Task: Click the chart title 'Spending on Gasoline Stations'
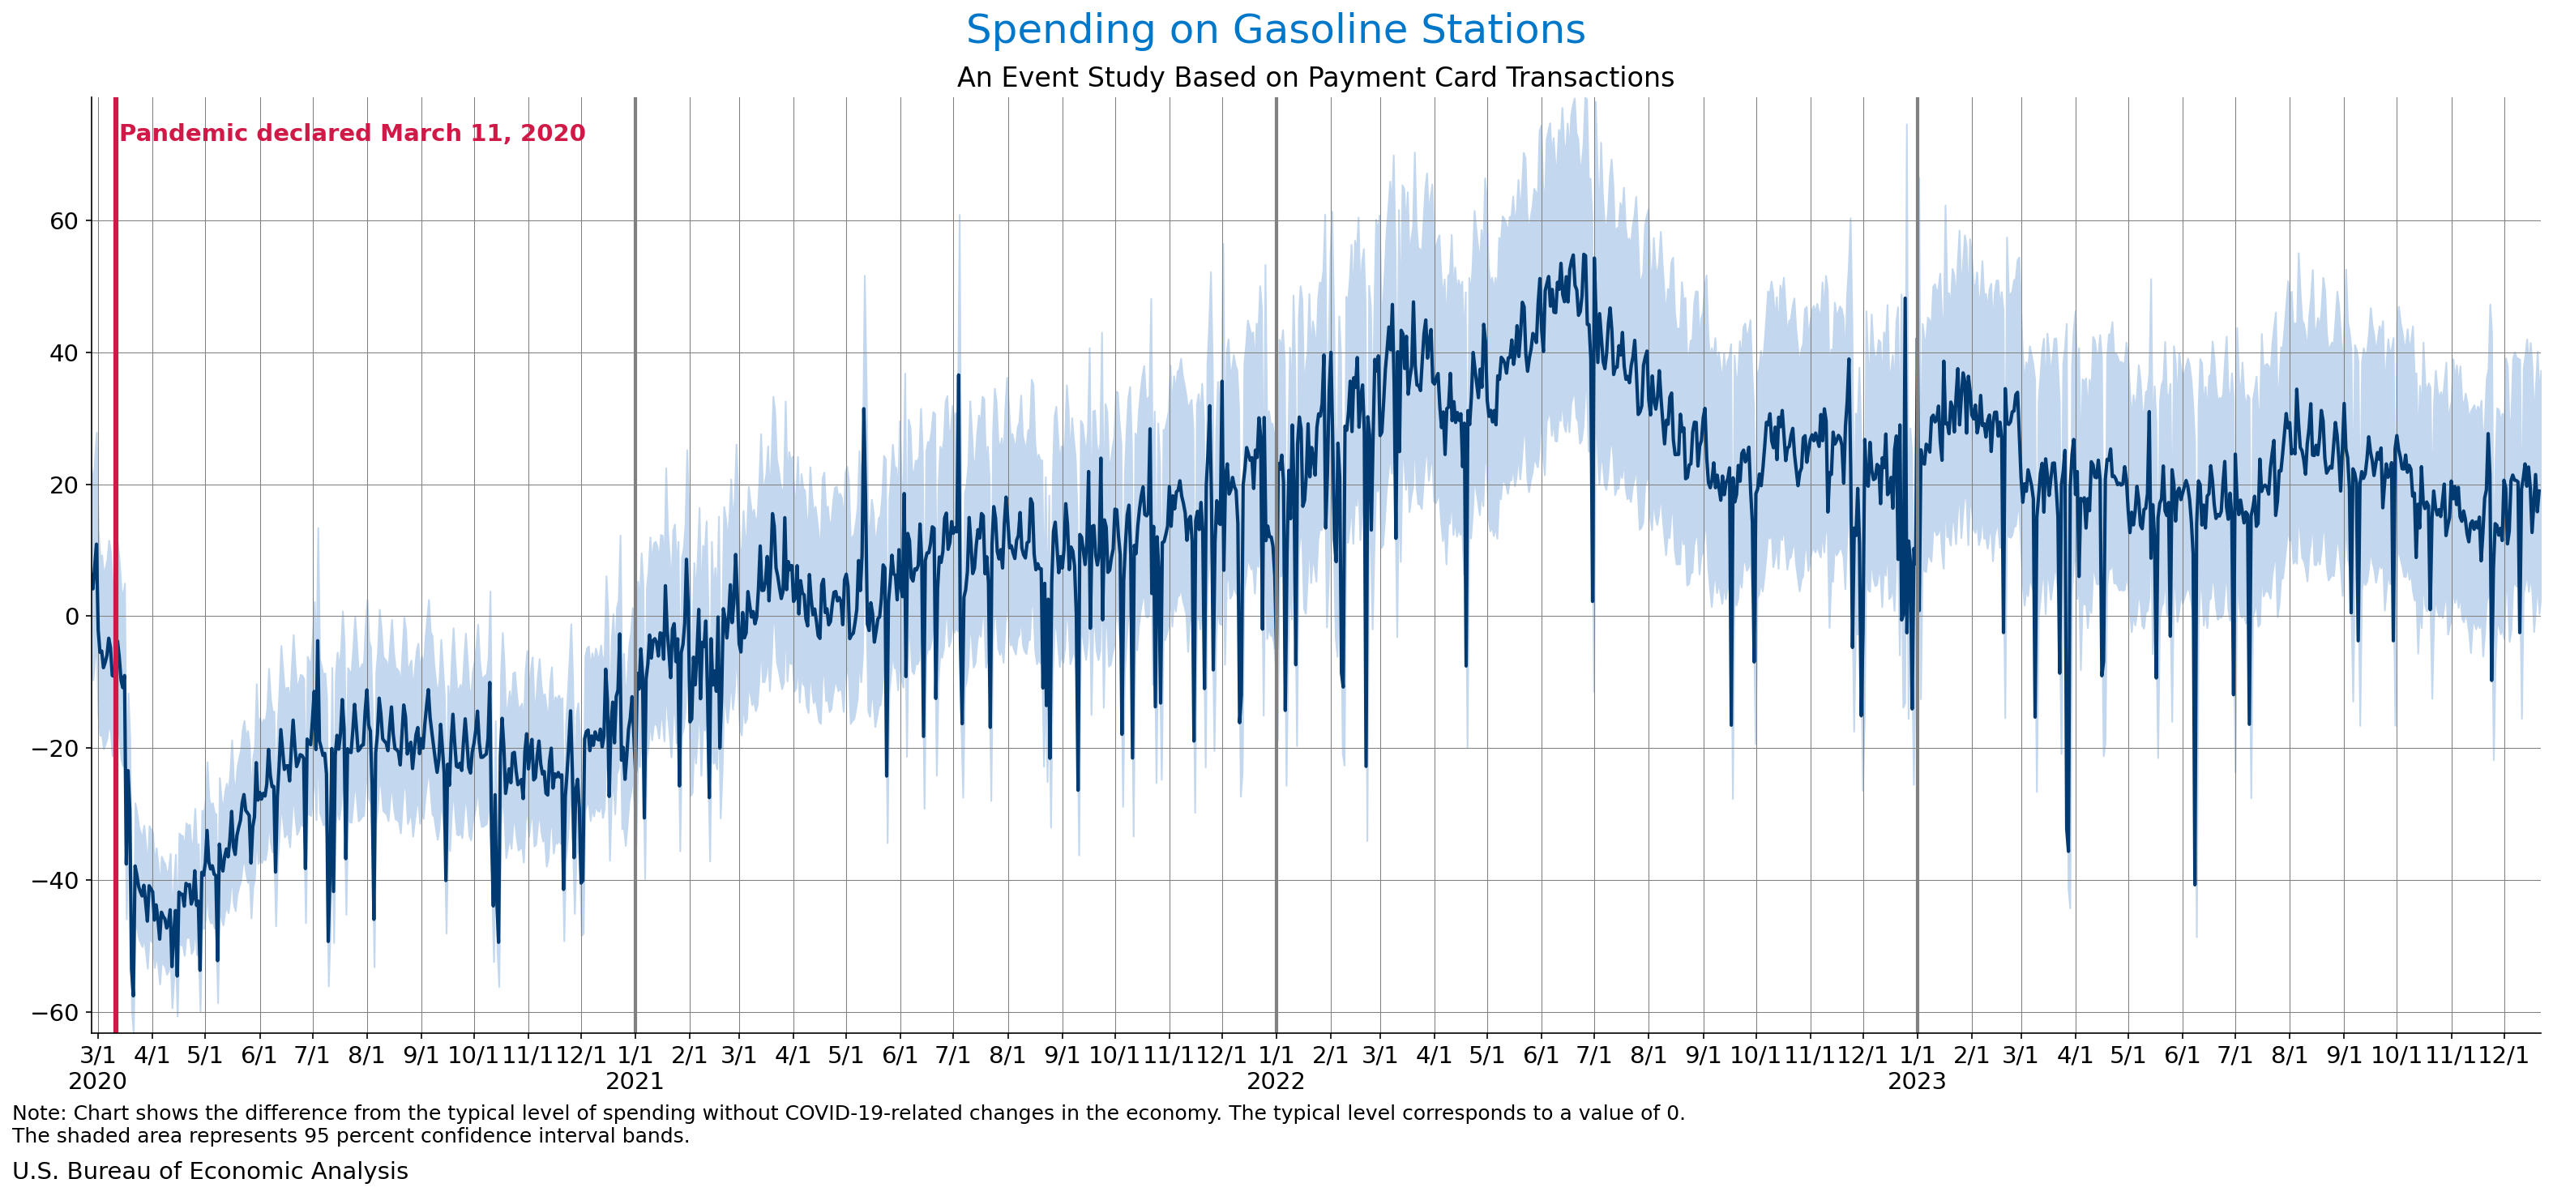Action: (x=1276, y=30)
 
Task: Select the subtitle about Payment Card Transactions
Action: (x=1315, y=77)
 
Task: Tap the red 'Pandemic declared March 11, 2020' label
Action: (x=352, y=133)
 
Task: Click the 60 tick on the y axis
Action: (x=63, y=221)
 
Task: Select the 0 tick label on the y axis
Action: (x=71, y=617)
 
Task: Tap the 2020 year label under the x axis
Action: (x=96, y=1081)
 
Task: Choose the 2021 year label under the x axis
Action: (x=635, y=1081)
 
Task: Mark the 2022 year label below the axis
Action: (x=1276, y=1081)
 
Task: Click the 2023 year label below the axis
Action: (x=1917, y=1081)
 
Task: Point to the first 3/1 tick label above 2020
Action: (x=96, y=1054)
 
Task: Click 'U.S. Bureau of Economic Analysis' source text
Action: (x=210, y=1171)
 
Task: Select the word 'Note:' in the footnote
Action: (x=39, y=1113)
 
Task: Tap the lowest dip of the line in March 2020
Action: (x=133, y=995)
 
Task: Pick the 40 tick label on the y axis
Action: (x=63, y=352)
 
